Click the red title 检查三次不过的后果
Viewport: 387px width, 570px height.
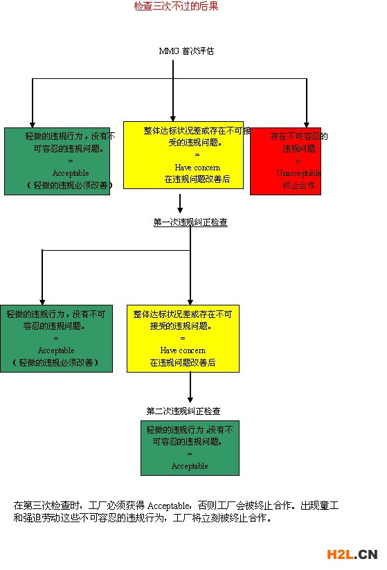tap(176, 7)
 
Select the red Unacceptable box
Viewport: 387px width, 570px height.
tap(285, 161)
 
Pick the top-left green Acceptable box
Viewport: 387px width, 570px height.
tap(57, 161)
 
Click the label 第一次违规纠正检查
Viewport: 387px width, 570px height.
tap(190, 222)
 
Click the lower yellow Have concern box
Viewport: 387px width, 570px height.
tap(183, 338)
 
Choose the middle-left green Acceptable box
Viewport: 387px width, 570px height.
tap(56, 338)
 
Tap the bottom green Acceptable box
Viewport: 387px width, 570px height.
tap(190, 447)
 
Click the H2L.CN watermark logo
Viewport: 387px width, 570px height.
tap(352, 554)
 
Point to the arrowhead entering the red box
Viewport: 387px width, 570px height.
tap(307, 123)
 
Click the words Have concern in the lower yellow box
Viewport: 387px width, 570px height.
tap(183, 350)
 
